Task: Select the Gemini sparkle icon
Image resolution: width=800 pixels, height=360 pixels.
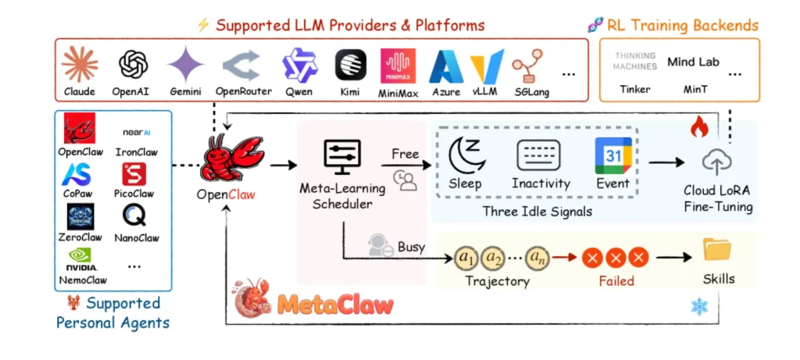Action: click(186, 64)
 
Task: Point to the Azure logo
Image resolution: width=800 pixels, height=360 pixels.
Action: click(446, 67)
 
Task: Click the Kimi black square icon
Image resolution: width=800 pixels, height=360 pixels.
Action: click(351, 65)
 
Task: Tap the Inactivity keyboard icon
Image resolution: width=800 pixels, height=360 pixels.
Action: click(539, 155)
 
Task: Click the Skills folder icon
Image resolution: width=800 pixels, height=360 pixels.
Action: click(716, 250)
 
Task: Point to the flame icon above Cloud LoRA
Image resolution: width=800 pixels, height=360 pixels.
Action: click(698, 127)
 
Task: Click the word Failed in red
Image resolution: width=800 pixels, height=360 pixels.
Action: click(616, 281)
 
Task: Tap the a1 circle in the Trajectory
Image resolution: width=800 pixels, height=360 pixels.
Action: click(467, 256)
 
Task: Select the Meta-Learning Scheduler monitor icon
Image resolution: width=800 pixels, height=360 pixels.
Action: click(342, 159)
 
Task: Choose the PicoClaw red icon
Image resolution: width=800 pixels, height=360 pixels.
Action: click(134, 173)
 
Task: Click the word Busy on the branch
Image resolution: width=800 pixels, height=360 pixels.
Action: click(411, 247)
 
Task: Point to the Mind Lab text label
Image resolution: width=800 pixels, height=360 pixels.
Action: click(692, 62)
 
